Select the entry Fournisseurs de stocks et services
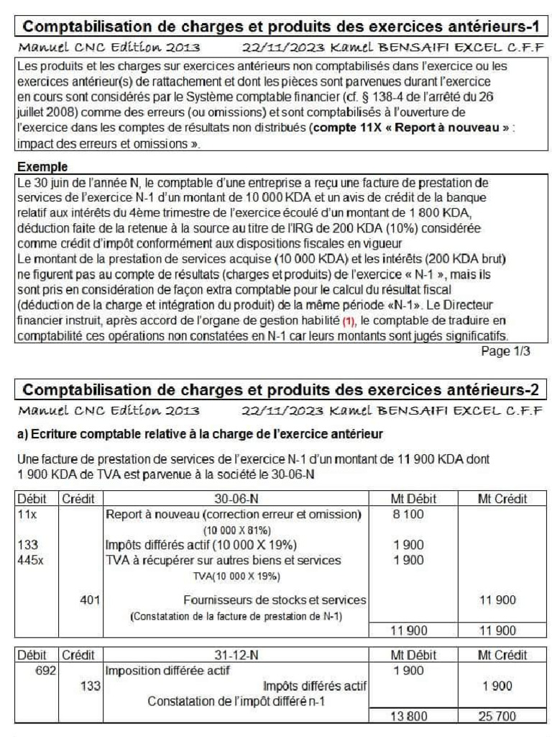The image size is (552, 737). click(x=275, y=600)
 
